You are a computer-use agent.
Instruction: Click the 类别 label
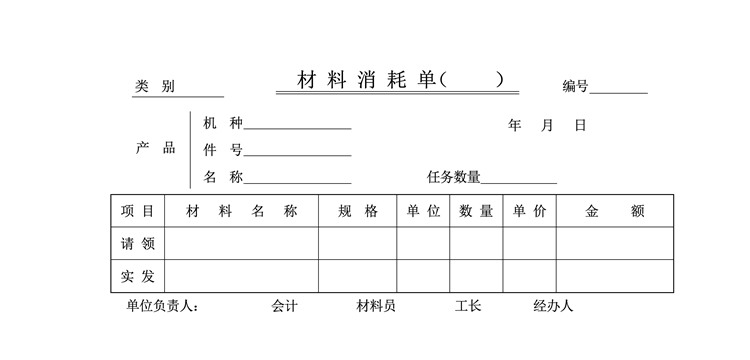pos(154,87)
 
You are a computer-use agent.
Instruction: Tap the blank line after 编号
pos(618,94)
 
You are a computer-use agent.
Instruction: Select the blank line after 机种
pos(298,129)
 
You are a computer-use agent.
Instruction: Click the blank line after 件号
pos(298,156)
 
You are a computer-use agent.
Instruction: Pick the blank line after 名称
pos(298,183)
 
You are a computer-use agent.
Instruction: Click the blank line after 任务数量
pos(519,183)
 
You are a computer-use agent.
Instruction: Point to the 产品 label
pos(155,148)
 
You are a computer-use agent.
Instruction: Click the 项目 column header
pos(137,211)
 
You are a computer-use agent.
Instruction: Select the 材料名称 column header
pos(242,211)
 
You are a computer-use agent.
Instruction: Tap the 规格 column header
pos(358,211)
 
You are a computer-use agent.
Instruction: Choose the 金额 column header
pos(615,211)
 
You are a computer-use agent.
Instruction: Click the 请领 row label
pos(137,244)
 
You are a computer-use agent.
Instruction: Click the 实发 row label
pos(137,276)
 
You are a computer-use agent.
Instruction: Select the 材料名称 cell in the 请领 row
pos(242,243)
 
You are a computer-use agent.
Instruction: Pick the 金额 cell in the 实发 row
pos(615,276)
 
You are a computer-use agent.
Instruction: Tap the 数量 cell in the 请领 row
pos(476,243)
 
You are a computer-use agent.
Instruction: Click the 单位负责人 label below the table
pos(162,306)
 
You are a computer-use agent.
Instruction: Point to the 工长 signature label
pos(468,306)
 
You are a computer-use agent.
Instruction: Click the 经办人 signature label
pos(553,306)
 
